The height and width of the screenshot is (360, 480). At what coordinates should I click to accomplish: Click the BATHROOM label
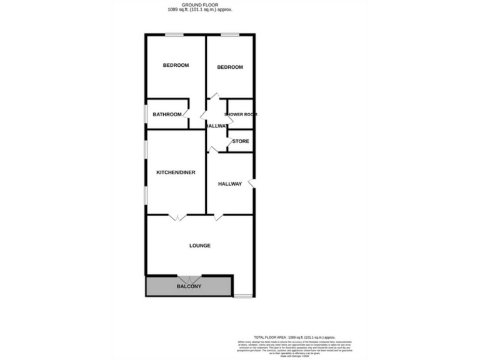(167, 114)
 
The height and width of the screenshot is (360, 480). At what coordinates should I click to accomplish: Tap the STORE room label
(241, 142)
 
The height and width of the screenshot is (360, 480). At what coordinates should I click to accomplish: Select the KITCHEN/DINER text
(175, 172)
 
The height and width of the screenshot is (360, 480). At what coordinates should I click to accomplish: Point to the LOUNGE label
(200, 246)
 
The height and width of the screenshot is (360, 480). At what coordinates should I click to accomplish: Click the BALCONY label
(189, 286)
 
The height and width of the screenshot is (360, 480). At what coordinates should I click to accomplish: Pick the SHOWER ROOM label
(241, 114)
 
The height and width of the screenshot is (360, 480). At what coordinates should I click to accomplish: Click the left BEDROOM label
(176, 65)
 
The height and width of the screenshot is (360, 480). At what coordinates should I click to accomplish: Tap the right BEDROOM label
(229, 67)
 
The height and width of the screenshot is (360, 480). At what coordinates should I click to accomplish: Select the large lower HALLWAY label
(230, 184)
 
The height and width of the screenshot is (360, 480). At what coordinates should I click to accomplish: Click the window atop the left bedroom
(174, 35)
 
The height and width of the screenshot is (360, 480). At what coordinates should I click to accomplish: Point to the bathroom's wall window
(146, 114)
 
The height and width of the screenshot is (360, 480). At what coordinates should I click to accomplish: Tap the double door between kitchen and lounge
(177, 217)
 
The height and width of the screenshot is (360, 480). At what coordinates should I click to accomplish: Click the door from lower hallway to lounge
(219, 217)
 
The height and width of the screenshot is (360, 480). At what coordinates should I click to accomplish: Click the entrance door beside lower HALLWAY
(251, 183)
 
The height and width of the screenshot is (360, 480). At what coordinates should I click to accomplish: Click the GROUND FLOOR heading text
(204, 5)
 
